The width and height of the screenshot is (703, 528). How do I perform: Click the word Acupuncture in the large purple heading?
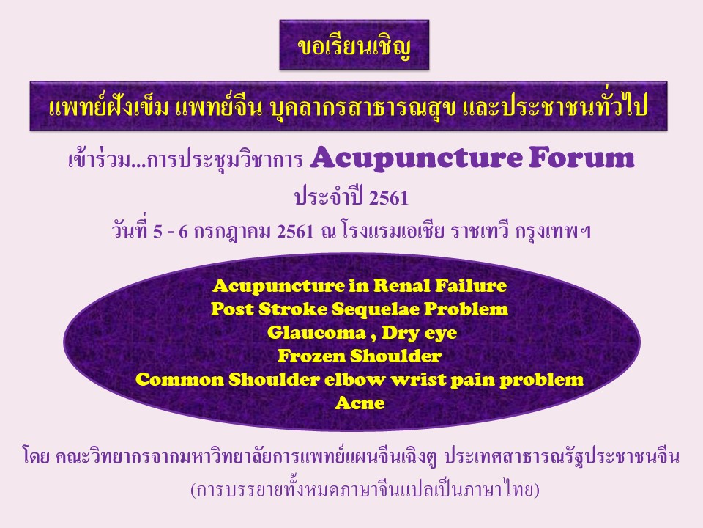(416, 159)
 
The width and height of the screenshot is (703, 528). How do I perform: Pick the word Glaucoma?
(316, 333)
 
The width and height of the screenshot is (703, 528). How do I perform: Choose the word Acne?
(360, 403)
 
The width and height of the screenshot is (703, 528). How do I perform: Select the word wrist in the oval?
(418, 379)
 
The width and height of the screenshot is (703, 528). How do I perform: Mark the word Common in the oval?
(180, 380)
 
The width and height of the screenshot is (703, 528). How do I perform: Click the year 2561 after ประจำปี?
(389, 197)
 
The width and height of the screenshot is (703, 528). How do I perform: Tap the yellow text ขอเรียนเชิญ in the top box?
(354, 46)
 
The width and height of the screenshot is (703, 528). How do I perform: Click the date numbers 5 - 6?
(171, 232)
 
